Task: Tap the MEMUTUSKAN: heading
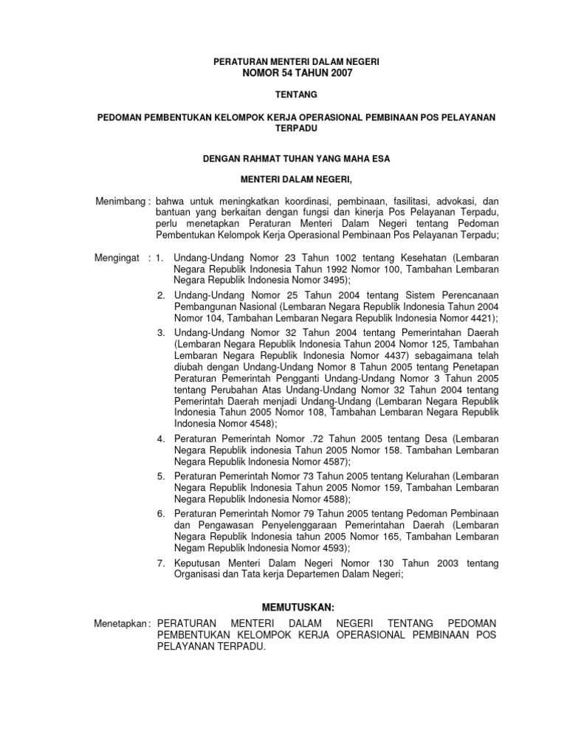tap(298, 608)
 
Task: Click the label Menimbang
tap(121, 202)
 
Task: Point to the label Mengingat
tap(121, 258)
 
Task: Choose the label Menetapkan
tap(123, 624)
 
